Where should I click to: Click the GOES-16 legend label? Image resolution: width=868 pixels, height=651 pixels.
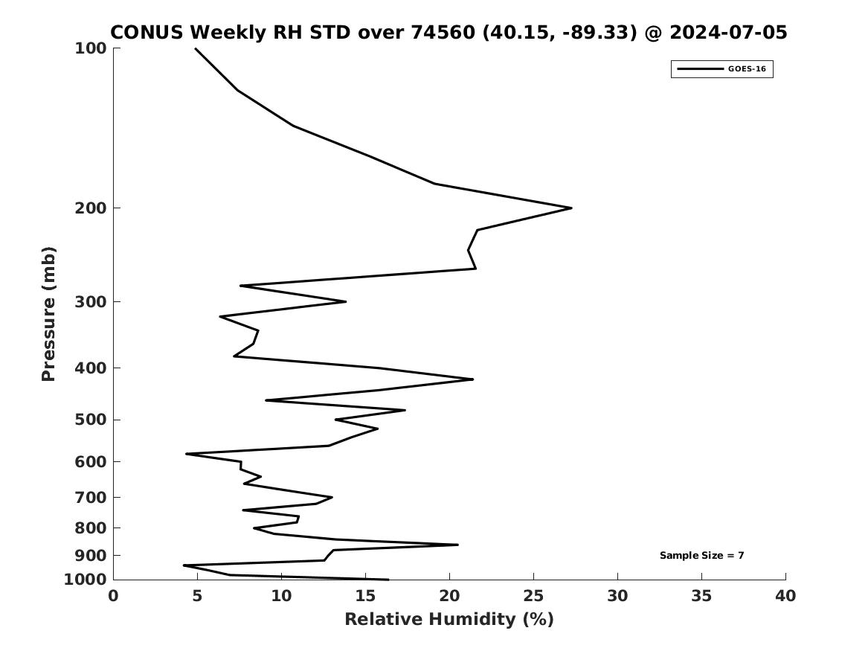click(x=747, y=69)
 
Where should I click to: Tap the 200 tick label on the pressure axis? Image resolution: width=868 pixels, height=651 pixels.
click(x=90, y=208)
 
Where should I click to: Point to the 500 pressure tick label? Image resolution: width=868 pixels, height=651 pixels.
click(x=90, y=420)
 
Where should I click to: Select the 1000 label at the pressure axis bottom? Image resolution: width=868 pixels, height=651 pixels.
click(x=86, y=580)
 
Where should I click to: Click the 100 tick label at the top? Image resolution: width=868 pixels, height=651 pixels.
click(x=90, y=48)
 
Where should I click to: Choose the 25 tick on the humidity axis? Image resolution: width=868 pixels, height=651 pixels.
click(x=533, y=596)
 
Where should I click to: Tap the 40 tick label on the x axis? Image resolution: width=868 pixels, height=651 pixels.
click(x=785, y=596)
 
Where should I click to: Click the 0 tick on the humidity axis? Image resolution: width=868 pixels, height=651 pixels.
click(x=114, y=596)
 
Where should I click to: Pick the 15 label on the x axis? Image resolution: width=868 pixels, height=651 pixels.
click(x=365, y=596)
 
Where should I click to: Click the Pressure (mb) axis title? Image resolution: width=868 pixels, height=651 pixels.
click(x=48, y=314)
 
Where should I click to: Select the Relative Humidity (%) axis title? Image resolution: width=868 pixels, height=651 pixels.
click(x=449, y=619)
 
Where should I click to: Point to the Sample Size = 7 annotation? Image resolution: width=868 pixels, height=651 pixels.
click(x=702, y=555)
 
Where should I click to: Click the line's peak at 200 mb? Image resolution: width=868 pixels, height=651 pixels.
click(x=571, y=208)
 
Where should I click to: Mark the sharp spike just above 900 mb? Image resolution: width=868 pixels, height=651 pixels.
click(x=458, y=545)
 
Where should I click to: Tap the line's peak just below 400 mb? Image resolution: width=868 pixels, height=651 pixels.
click(x=473, y=379)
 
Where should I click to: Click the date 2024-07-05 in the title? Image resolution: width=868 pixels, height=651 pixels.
click(x=728, y=33)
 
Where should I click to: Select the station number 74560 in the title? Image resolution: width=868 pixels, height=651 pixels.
click(x=443, y=33)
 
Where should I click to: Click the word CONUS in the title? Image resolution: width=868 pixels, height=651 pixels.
click(x=147, y=33)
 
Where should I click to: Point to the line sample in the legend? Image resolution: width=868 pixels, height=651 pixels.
click(x=700, y=69)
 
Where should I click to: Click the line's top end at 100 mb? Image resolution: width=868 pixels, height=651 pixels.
click(x=196, y=48)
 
